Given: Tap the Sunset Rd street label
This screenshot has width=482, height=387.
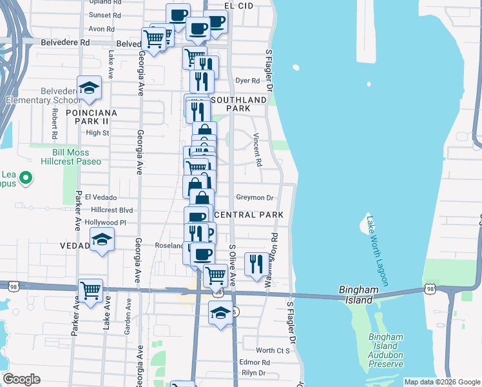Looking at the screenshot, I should pos(105,15).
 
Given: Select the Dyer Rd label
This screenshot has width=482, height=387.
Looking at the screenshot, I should pos(247,81).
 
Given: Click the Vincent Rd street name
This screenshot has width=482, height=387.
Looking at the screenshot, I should pos(257,150).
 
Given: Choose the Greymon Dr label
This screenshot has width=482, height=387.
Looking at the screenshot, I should pos(255,198).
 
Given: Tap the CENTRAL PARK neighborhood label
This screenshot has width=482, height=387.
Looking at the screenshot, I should pos(248,214).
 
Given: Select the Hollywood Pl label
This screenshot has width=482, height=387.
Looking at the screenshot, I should pos(106,223).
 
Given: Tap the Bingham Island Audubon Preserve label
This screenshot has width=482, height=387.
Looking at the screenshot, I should pos(385,350).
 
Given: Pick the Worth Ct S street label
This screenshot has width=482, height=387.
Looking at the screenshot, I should pos(273,350).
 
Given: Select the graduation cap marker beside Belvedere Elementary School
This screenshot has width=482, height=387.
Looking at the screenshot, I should pos(90,88).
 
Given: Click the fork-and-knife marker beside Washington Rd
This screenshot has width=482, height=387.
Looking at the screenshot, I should pos(256,263).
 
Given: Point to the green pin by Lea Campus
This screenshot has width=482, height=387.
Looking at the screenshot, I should pos(25,177).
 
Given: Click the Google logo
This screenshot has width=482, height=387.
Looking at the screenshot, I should pos(21,379).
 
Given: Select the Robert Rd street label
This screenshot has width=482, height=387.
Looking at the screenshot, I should pos(55,122).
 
